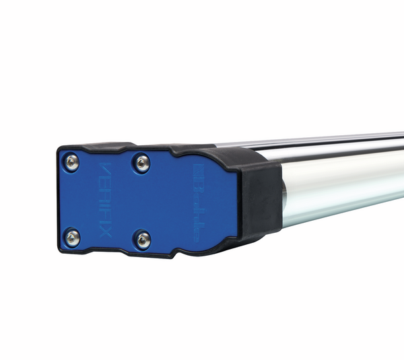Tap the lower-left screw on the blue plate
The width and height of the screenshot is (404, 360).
tap(72, 237)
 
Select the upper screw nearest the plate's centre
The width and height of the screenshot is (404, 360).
tap(142, 161)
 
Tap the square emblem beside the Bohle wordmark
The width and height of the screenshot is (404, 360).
tap(201, 168)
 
